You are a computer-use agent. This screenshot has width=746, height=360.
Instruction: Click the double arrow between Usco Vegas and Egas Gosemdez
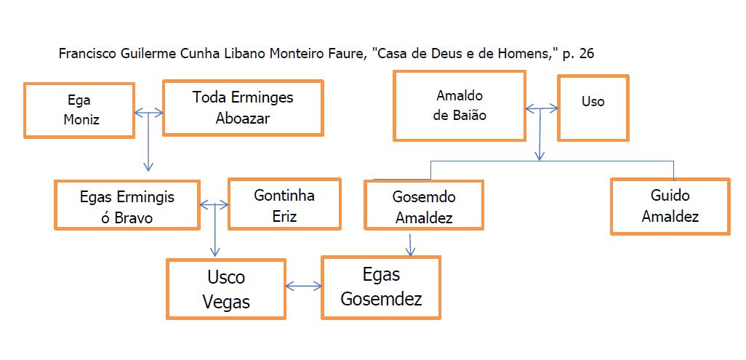[x=303, y=287]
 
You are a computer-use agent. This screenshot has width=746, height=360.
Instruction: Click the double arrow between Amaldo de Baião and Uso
[x=542, y=109]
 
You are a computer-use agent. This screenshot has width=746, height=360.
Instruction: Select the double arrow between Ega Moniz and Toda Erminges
[x=149, y=113]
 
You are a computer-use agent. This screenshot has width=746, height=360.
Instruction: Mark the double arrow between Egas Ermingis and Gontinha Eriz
[x=214, y=205]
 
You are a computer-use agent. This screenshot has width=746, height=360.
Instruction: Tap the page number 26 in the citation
[x=587, y=54]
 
